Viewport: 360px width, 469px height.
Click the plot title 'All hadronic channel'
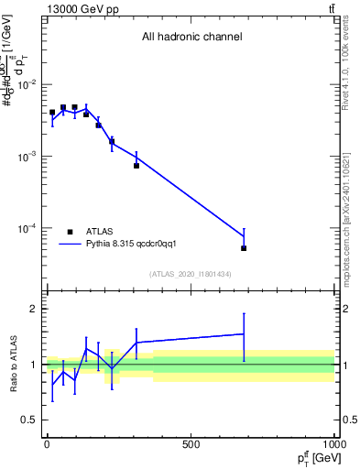click(191, 38)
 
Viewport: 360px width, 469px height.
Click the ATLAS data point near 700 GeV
click(244, 248)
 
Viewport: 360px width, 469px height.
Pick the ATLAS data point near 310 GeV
click(136, 166)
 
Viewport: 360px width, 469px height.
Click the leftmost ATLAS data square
click(52, 113)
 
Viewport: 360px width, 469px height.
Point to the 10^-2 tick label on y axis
click(27, 85)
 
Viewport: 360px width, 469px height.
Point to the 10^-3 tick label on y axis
click(27, 157)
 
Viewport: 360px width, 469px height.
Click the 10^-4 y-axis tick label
click(27, 228)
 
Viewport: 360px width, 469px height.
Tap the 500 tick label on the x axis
click(191, 445)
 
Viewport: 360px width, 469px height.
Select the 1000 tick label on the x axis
click(333, 445)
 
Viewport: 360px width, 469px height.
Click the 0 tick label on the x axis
click(47, 445)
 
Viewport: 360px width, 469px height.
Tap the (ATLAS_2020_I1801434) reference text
click(191, 274)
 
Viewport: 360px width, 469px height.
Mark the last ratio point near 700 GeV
click(244, 334)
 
